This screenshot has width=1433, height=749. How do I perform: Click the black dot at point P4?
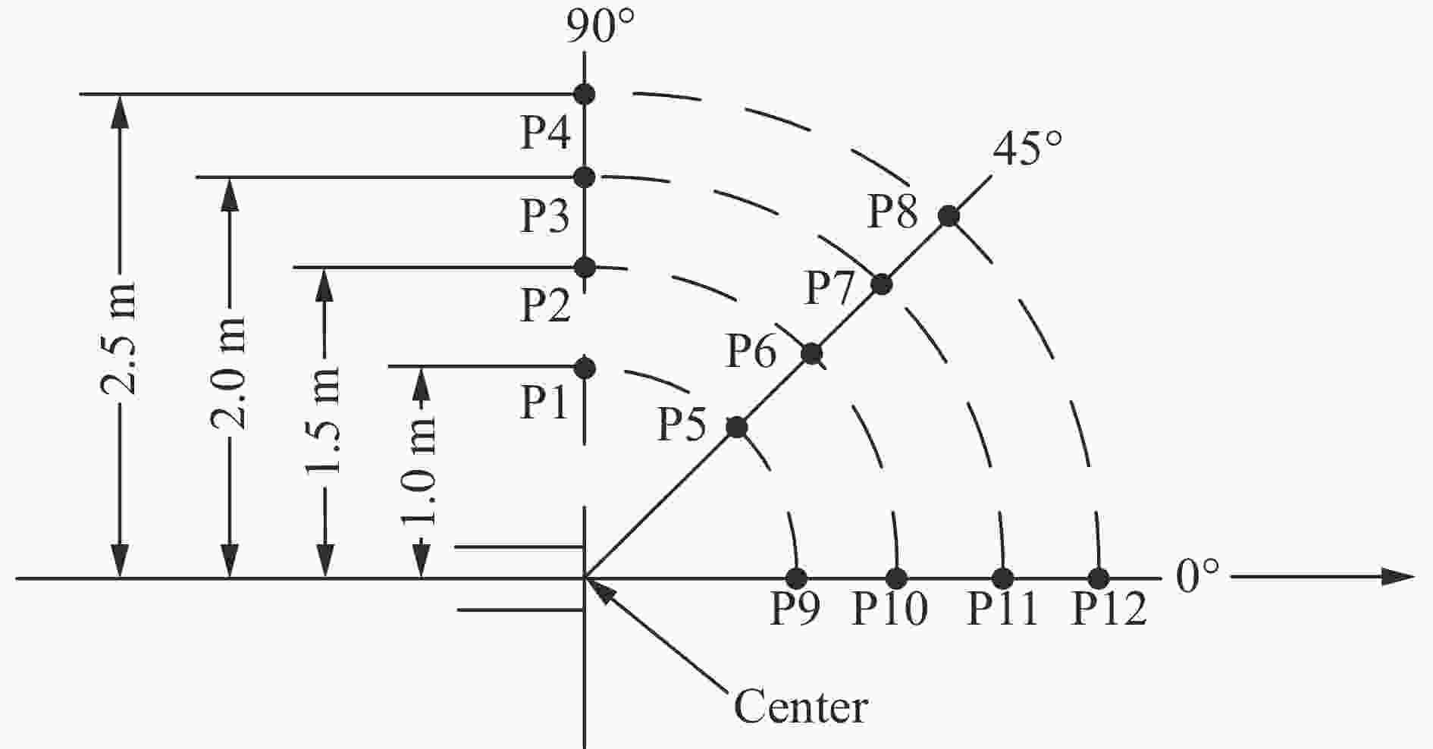click(584, 94)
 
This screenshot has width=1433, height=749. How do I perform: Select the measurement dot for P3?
click(584, 177)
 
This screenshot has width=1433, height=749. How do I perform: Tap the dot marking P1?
click(585, 368)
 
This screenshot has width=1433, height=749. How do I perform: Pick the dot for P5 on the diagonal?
click(736, 428)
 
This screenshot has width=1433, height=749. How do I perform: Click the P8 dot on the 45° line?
click(949, 216)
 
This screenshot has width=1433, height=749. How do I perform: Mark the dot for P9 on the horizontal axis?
click(796, 578)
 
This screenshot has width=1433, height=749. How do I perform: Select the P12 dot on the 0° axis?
click(1098, 578)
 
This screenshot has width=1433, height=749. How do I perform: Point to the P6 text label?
click(751, 352)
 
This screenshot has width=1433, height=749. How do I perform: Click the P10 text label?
click(890, 609)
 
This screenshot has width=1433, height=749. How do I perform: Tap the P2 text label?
click(545, 306)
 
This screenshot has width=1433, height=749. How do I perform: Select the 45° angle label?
click(1027, 149)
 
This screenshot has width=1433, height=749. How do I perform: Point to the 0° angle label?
click(1198, 578)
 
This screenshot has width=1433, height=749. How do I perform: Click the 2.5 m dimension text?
click(118, 339)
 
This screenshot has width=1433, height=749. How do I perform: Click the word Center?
click(801, 707)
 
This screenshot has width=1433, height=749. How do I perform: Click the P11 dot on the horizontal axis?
click(1002, 578)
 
